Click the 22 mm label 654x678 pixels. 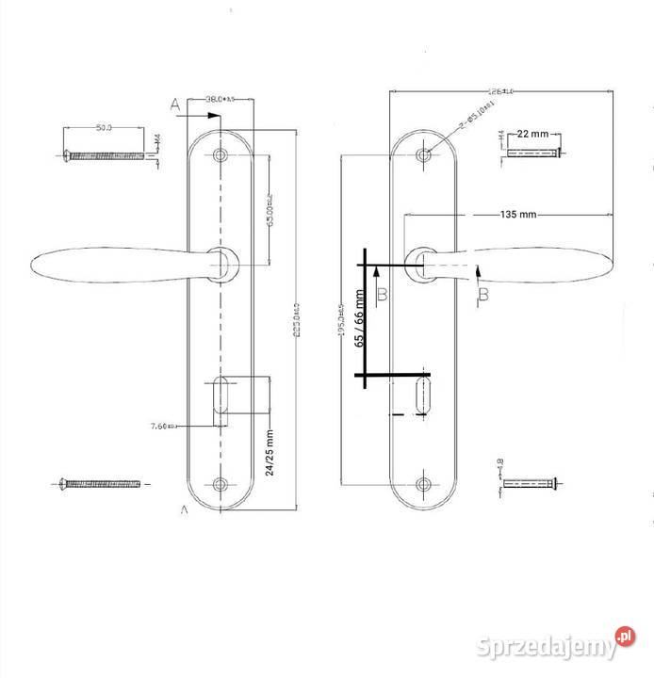point(533,134)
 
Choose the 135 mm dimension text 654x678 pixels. point(517,215)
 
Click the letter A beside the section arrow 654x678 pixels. point(175,105)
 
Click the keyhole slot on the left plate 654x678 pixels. point(221,395)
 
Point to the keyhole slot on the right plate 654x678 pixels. point(424,395)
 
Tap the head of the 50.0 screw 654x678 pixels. point(67,154)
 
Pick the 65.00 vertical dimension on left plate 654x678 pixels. point(270,212)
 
